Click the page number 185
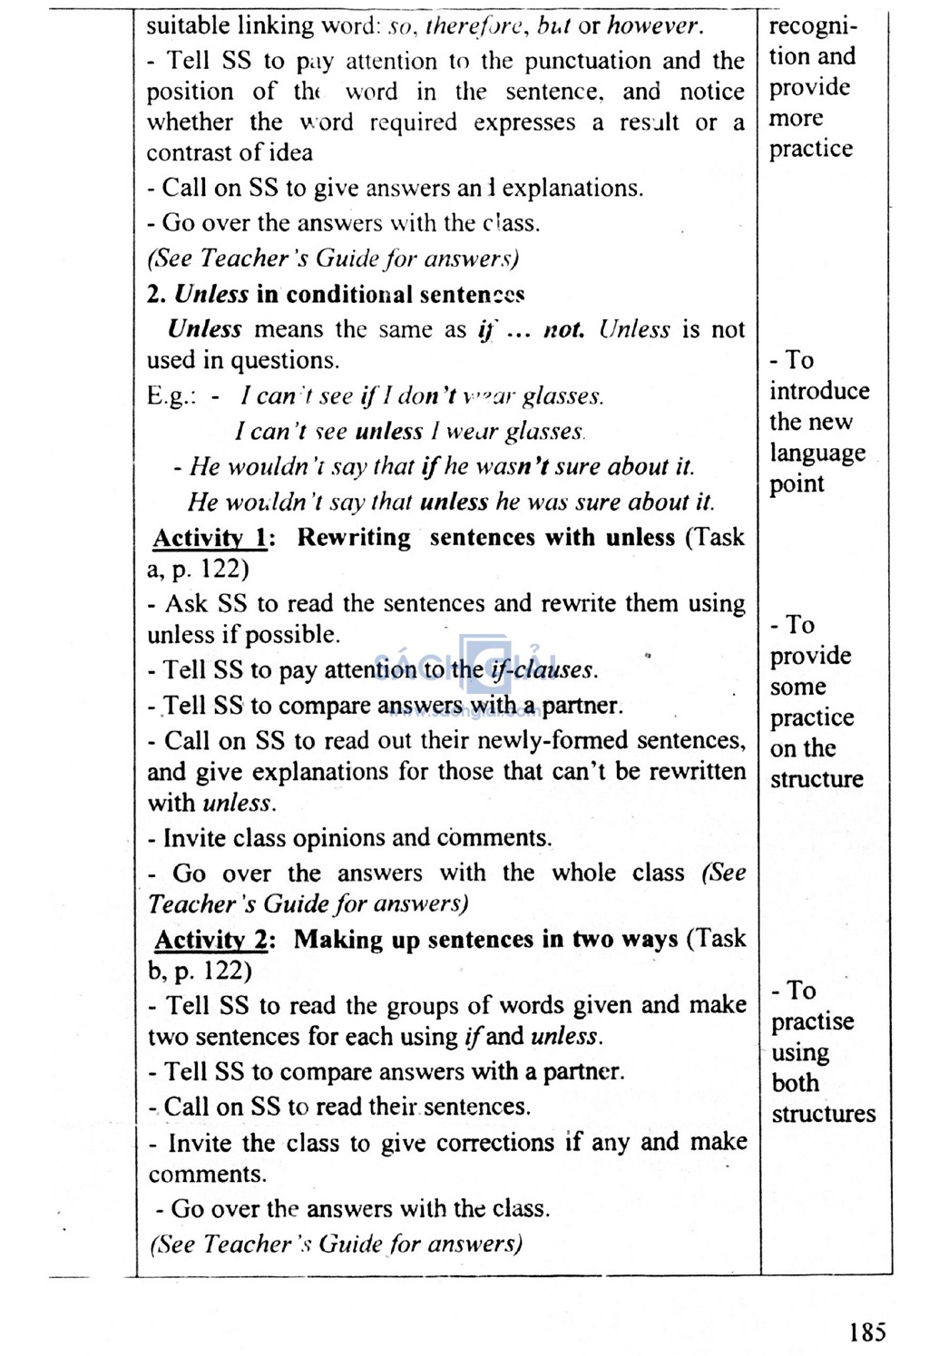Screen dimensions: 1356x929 coord(867,1332)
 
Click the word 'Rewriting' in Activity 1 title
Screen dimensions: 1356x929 coord(354,538)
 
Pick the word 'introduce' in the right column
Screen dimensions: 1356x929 coord(819,391)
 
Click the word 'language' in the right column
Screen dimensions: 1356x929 coord(817,453)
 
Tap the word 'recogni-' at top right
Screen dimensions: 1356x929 coord(813,25)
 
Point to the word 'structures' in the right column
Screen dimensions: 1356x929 coord(823,1114)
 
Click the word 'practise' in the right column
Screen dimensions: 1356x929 coord(812,1021)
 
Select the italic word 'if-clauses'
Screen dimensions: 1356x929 coord(543,670)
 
